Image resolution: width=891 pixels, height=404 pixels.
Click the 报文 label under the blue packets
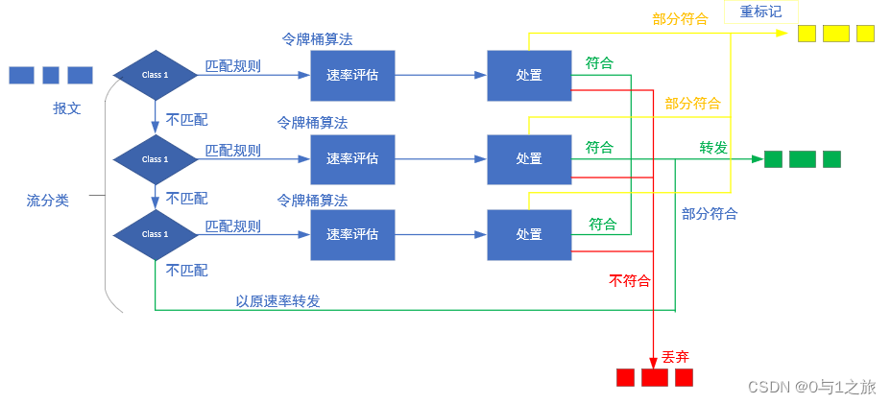coord(67,108)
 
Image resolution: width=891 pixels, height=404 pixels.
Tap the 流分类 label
coord(48,200)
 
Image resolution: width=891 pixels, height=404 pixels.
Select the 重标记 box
coord(761,12)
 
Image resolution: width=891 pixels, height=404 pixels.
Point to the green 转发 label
coord(713,147)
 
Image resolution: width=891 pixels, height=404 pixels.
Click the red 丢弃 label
coord(675,356)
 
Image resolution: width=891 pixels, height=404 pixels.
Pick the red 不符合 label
coord(629,280)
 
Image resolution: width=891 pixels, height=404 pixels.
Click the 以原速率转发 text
coord(277,300)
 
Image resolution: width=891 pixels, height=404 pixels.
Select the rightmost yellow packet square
coord(865,34)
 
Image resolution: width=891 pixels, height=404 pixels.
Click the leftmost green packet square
coord(773,159)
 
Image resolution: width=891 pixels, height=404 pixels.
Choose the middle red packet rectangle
coord(655,377)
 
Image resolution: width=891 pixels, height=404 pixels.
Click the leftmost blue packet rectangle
coord(21,75)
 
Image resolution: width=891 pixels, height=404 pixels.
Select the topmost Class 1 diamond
coord(155,75)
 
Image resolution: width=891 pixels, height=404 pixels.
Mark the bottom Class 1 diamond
coord(155,234)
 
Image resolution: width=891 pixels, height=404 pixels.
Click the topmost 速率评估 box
coord(352,75)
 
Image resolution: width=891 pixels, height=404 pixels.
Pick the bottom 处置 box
coord(529,234)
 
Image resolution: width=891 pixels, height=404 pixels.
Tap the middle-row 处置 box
coord(529,159)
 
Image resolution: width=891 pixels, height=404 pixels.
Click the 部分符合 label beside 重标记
coord(680,18)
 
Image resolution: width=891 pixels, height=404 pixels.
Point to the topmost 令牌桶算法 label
coord(317,40)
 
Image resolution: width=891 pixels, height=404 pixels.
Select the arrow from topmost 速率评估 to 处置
coord(441,75)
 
